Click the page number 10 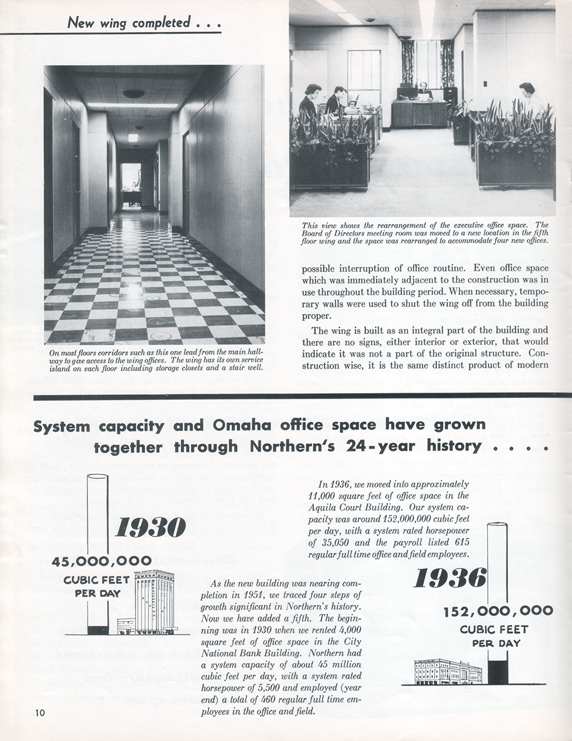(40, 713)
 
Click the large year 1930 (150, 529)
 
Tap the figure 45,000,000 (101, 562)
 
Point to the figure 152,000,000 (498, 611)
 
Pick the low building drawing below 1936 (448, 672)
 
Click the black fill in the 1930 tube (98, 630)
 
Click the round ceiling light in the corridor (134, 94)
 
